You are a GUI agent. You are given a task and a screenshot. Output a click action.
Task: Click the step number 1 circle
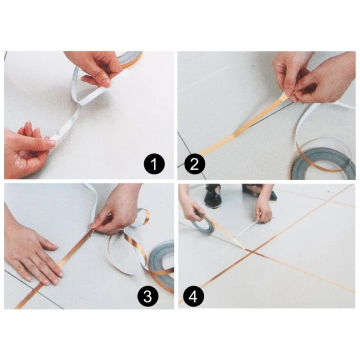pos(153,165)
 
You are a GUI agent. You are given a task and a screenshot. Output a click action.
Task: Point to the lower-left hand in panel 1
pos(26,147)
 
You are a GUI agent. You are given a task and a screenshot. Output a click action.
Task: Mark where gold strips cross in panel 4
pos(249,251)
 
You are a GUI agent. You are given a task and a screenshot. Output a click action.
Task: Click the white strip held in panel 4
pos(246,230)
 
